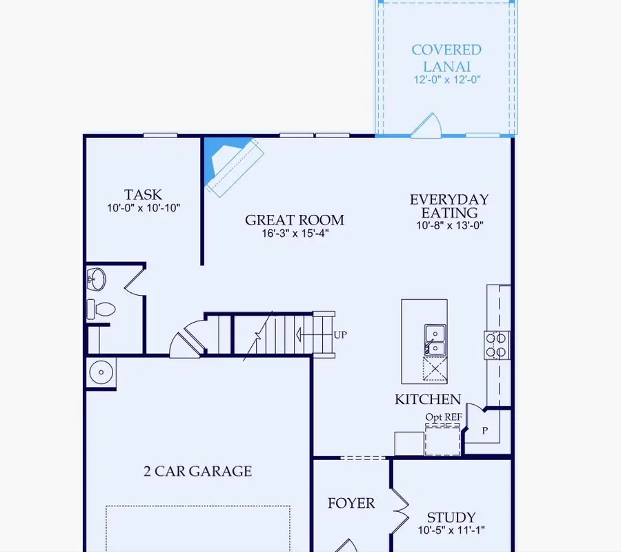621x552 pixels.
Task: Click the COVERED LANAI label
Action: pos(446,57)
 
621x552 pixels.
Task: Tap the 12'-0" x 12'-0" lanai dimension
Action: pos(446,79)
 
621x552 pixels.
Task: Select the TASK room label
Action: pos(143,195)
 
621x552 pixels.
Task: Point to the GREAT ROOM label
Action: pos(295,220)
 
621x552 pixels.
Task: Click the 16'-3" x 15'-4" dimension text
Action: pos(295,234)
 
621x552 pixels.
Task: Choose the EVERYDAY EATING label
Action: pos(449,206)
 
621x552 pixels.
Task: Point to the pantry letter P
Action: pos(485,430)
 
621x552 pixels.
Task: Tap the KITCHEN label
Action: pos(428,399)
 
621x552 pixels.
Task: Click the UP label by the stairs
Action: pos(340,335)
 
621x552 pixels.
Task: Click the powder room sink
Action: pos(97,280)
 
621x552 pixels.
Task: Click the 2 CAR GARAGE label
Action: pos(197,471)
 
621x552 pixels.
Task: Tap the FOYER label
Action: pos(351,503)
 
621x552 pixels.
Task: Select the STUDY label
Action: pos(451,517)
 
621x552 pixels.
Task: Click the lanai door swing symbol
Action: pos(425,126)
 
